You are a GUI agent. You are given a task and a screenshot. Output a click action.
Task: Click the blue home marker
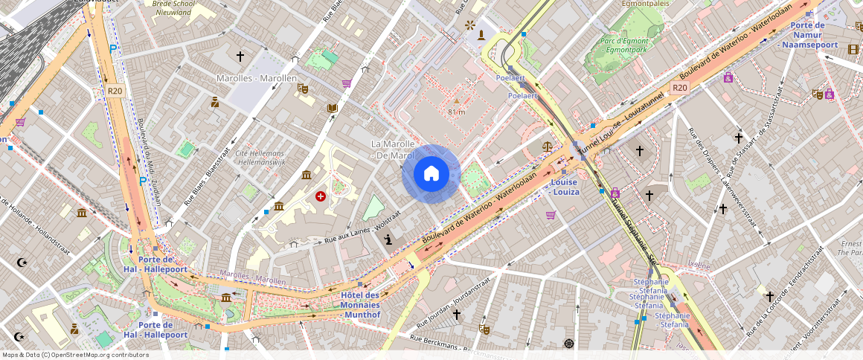click(431, 174)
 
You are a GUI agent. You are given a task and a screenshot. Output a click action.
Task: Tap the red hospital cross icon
click(321, 196)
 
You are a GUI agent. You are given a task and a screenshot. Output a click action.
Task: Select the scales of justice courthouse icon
click(548, 148)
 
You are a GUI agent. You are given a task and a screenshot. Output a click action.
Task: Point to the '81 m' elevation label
click(456, 112)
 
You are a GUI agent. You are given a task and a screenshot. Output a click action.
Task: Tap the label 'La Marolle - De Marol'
click(392, 149)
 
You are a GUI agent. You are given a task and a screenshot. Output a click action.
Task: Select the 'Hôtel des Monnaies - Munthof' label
click(360, 305)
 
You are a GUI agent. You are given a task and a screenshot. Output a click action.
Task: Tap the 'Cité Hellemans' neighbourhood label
click(260, 157)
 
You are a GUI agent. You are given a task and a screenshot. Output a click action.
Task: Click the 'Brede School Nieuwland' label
click(173, 7)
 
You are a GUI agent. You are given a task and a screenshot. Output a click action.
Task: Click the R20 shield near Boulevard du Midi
click(114, 91)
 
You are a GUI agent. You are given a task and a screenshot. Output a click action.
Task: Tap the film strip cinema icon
click(853, 49)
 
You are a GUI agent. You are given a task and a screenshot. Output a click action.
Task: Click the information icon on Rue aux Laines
click(388, 239)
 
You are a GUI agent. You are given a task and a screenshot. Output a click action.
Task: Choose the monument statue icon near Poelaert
click(482, 35)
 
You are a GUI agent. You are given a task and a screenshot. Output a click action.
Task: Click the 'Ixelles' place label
click(699, 264)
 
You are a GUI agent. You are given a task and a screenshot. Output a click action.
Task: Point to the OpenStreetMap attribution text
click(76, 355)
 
